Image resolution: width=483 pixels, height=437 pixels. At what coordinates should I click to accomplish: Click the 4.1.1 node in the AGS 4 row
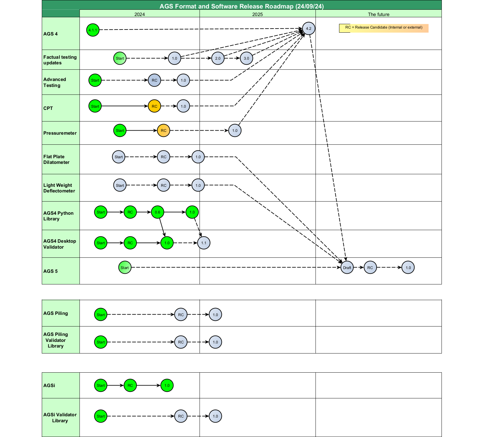(x=93, y=30)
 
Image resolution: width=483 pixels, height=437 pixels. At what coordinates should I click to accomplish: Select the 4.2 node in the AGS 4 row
(x=309, y=29)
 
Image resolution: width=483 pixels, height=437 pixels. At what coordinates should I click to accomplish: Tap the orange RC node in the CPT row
(x=154, y=106)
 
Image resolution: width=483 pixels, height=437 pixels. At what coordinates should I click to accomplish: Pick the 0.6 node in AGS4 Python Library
(x=157, y=212)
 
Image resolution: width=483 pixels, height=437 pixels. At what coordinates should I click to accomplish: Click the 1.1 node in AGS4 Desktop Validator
(x=204, y=243)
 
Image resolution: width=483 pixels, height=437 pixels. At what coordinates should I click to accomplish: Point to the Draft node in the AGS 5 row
(x=347, y=267)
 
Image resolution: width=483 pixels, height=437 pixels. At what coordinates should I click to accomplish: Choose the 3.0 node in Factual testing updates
(x=246, y=58)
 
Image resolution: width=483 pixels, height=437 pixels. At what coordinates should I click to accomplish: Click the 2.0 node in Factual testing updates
(x=218, y=58)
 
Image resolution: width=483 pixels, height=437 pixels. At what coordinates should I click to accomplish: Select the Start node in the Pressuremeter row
(x=120, y=131)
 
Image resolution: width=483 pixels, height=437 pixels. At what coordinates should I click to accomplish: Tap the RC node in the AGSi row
(x=130, y=386)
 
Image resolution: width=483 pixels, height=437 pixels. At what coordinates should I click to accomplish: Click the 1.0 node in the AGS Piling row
(x=215, y=315)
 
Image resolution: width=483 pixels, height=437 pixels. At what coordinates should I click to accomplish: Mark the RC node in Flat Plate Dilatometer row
(x=163, y=157)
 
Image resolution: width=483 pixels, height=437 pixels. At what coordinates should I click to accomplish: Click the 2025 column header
(x=257, y=14)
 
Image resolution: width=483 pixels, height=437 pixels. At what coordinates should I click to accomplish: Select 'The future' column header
(x=378, y=14)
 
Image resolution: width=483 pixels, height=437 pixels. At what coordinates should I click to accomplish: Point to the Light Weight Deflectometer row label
(x=59, y=188)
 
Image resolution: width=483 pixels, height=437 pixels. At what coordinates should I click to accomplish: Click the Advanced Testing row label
(x=55, y=82)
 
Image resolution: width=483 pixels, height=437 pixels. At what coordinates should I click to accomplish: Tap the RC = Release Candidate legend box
(x=384, y=28)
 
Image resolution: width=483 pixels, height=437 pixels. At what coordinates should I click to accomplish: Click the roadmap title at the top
(x=241, y=6)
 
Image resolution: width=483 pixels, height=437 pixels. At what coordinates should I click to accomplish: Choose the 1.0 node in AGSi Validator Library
(x=215, y=416)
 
